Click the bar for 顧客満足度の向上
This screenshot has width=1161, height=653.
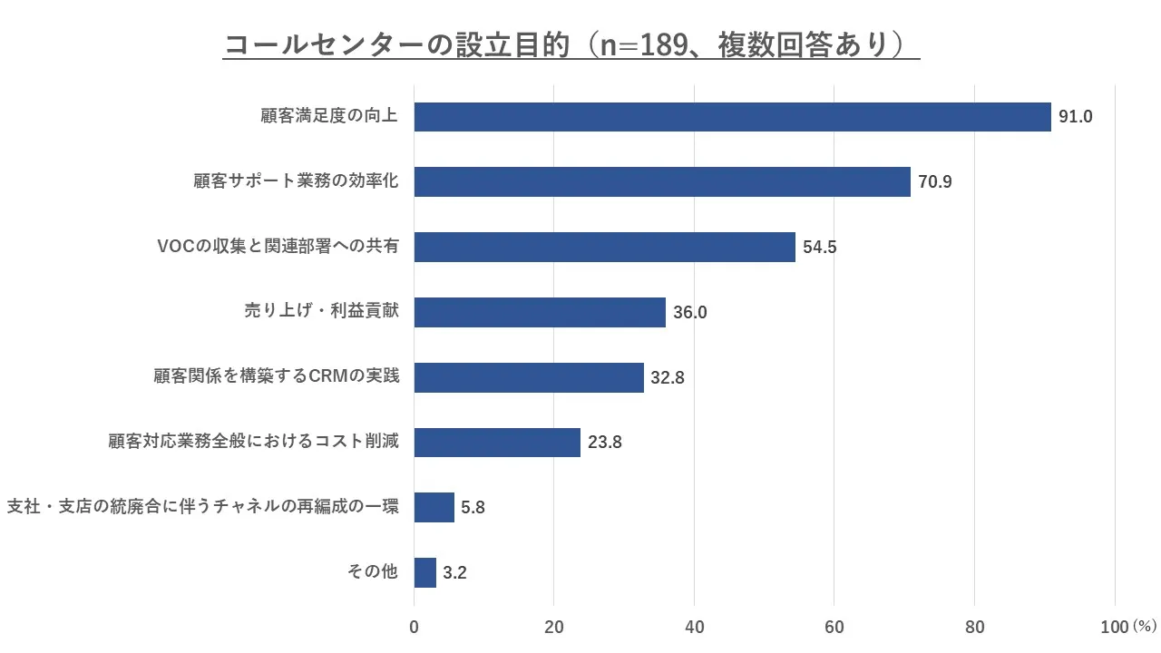point(732,117)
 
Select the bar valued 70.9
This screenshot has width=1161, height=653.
point(662,181)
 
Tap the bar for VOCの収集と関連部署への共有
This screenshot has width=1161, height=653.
point(604,247)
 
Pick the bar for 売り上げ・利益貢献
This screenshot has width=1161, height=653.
point(540,312)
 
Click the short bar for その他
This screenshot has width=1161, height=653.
point(425,572)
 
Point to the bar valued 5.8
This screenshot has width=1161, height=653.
point(434,507)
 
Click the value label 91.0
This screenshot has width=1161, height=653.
point(1076,117)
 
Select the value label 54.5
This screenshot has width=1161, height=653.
point(820,248)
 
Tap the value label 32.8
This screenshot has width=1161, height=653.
point(668,378)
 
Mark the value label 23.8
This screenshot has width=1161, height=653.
point(605,443)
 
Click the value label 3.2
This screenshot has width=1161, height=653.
point(454,573)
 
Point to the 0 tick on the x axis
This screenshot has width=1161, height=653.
point(415,627)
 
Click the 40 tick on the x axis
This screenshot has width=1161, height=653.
point(694,627)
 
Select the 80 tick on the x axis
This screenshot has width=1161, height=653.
point(974,627)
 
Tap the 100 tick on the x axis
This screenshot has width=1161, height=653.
point(1114,627)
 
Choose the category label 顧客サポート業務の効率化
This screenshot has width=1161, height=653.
point(296,181)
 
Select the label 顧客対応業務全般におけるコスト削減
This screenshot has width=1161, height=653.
point(253,442)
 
